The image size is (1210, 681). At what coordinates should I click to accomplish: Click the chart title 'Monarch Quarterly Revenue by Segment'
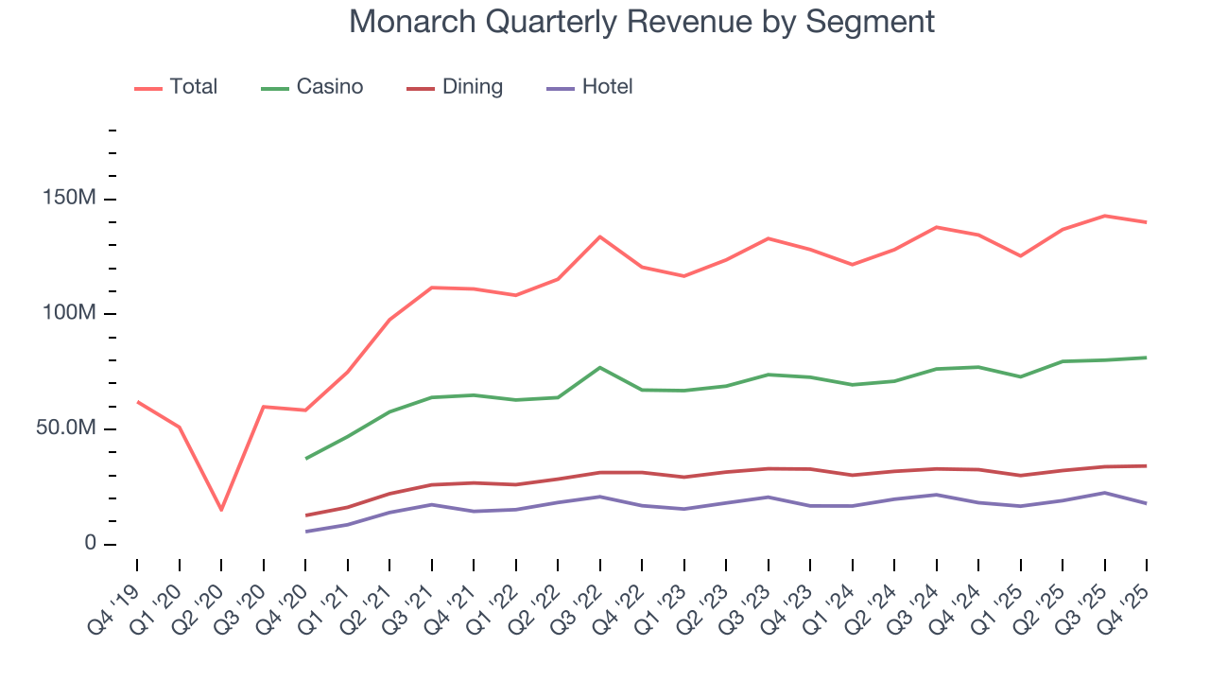642,21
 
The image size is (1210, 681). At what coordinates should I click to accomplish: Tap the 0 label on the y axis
89,544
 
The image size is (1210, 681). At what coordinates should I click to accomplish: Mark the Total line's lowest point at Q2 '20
221,510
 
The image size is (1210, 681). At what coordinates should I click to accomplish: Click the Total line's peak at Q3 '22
600,236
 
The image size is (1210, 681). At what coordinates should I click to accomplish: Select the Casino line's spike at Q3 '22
600,367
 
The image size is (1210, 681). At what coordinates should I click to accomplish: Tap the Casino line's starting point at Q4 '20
305,459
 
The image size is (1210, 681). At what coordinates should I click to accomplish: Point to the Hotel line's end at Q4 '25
1147,503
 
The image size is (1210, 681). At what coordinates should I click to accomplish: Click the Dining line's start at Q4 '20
305,515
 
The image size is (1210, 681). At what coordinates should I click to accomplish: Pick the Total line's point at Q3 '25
1105,216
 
